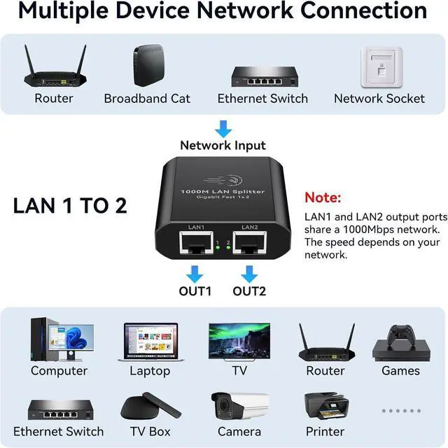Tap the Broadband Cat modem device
pyautogui.click(x=147, y=65)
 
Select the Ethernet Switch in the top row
pyautogui.click(x=262, y=75)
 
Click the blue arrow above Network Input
pyautogui.click(x=223, y=129)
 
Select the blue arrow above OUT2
pyautogui.click(x=250, y=273)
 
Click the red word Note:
pyautogui.click(x=323, y=198)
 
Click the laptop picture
pyautogui.click(x=150, y=342)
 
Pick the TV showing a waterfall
pyautogui.click(x=239, y=341)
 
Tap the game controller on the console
pyautogui.click(x=400, y=331)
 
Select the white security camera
pyautogui.click(x=239, y=406)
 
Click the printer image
pyautogui.click(x=325, y=406)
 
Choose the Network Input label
pyautogui.click(x=223, y=146)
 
